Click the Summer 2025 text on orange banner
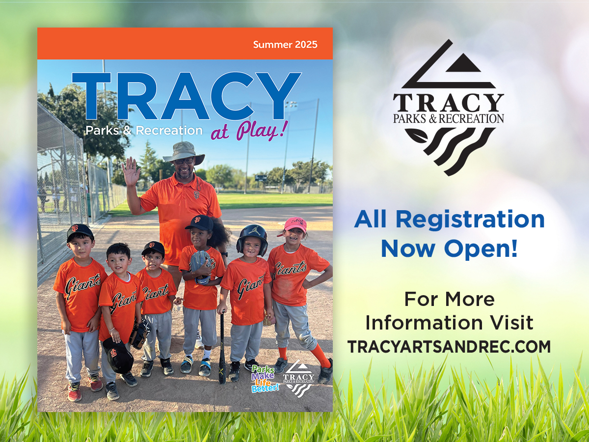tap(285, 45)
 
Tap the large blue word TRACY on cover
tap(186, 97)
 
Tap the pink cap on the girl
tap(294, 224)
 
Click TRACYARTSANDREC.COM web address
tap(449, 347)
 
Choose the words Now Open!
tap(449, 249)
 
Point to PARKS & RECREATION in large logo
tap(449, 118)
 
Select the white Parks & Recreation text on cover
tap(144, 131)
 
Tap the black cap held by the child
tap(118, 355)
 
